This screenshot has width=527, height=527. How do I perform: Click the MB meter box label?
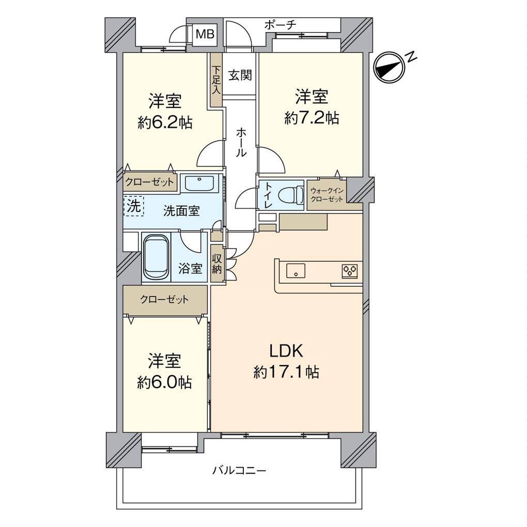click(205, 34)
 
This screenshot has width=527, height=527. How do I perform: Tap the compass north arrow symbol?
click(389, 67)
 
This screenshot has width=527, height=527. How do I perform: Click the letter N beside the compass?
click(411, 57)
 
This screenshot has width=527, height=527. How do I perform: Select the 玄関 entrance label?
click(240, 75)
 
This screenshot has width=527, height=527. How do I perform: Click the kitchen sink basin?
click(296, 271)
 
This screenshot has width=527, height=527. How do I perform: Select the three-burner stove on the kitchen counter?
click(350, 271)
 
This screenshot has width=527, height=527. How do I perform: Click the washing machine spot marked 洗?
click(134, 206)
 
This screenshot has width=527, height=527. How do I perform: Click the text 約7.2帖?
click(312, 118)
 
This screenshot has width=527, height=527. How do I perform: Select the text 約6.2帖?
click(165, 123)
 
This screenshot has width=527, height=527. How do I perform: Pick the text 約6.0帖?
click(164, 382)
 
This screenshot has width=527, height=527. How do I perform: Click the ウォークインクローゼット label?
click(327, 195)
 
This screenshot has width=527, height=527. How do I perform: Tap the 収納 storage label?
click(216, 264)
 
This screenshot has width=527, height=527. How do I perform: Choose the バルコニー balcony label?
click(239, 470)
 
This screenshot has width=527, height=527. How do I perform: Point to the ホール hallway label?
click(241, 143)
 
